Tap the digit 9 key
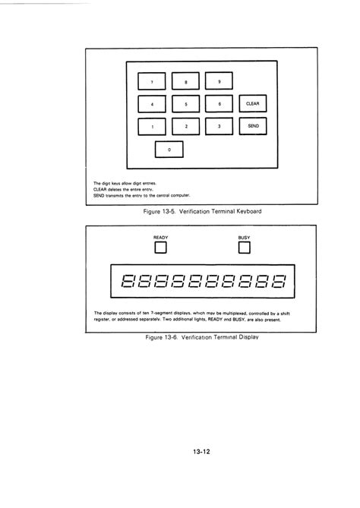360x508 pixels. (219, 80)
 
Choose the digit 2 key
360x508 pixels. (185, 126)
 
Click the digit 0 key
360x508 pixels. (169, 150)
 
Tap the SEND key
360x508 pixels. (253, 126)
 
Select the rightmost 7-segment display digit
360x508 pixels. (279, 282)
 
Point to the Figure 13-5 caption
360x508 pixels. (202, 210)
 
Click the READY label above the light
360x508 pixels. (160, 238)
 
